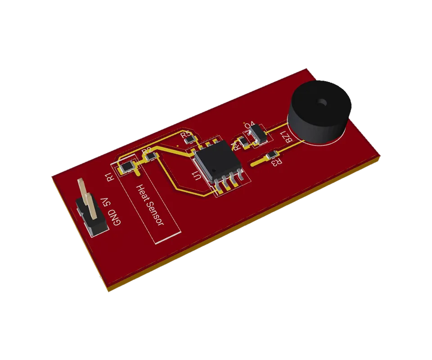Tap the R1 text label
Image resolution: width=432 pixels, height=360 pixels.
[111, 175]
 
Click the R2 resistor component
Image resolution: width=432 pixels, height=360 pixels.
[151, 156]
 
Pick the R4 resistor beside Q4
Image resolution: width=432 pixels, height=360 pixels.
[243, 142]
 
